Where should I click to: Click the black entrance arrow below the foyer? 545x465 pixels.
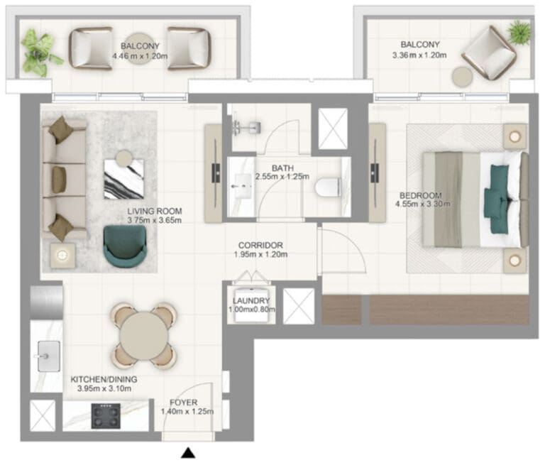click(x=188, y=452)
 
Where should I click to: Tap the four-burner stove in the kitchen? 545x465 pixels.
click(x=106, y=416)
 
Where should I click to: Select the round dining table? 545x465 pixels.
click(x=144, y=336)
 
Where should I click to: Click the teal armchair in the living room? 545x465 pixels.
click(x=125, y=246)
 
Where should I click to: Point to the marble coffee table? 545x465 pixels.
click(x=124, y=179)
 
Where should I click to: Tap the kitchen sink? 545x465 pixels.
click(x=48, y=356)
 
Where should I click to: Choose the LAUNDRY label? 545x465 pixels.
click(x=251, y=301)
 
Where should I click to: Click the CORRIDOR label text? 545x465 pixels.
click(x=260, y=245)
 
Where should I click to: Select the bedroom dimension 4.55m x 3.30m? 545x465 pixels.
click(x=423, y=204)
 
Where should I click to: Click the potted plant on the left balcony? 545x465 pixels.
click(x=39, y=52)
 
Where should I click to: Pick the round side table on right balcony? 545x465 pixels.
click(x=462, y=76)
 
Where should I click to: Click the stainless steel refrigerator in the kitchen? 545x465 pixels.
click(x=47, y=302)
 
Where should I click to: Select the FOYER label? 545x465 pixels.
click(x=184, y=403)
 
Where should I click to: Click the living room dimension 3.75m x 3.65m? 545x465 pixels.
click(x=154, y=220)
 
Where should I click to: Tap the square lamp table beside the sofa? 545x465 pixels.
click(x=62, y=256)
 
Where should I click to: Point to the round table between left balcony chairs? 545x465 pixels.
click(x=140, y=48)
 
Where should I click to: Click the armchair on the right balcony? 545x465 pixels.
click(x=488, y=52)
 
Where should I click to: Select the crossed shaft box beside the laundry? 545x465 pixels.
click(x=299, y=307)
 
